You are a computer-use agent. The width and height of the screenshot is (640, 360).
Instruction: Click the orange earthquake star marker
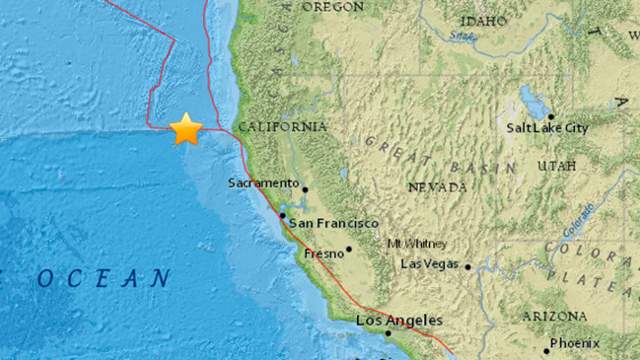(185, 129)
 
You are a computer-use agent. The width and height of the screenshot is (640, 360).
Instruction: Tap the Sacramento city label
(263, 182)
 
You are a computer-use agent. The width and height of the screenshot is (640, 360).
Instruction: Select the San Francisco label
(332, 224)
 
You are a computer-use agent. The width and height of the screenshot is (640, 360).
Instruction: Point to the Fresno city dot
(349, 250)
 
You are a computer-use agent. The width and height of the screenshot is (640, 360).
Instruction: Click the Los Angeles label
(399, 321)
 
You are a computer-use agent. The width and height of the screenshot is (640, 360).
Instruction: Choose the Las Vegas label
(431, 263)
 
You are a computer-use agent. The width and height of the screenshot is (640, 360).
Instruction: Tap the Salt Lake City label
(547, 127)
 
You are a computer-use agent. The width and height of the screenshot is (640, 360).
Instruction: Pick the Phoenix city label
(576, 343)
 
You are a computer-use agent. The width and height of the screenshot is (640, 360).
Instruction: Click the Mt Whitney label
(417, 244)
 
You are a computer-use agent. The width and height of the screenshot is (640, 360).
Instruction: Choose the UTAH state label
(556, 166)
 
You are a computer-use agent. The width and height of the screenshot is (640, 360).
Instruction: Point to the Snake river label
(461, 36)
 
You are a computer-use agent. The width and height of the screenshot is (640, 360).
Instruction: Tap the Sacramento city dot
(305, 189)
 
